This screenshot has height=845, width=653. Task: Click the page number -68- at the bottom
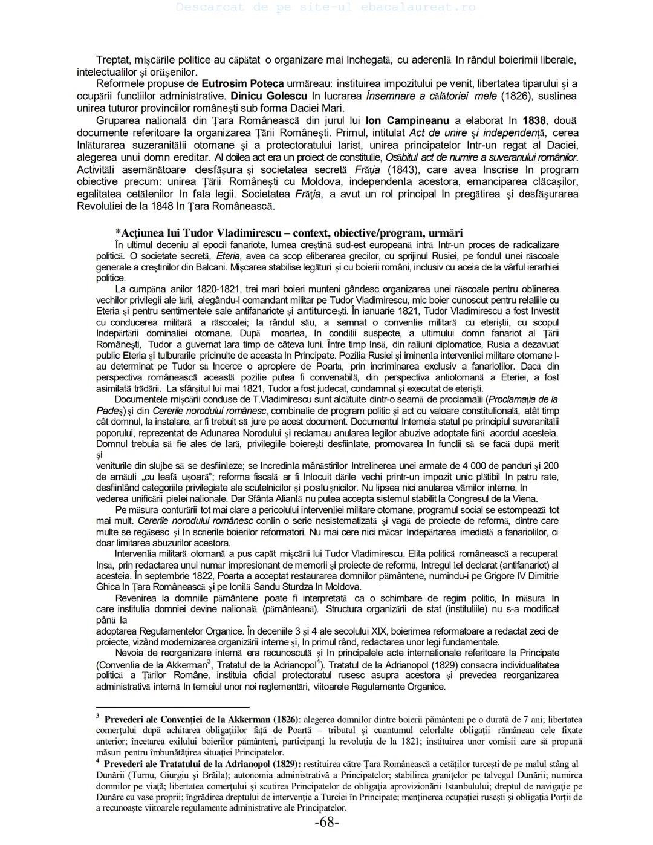326,823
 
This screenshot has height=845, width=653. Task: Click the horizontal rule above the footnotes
172,706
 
